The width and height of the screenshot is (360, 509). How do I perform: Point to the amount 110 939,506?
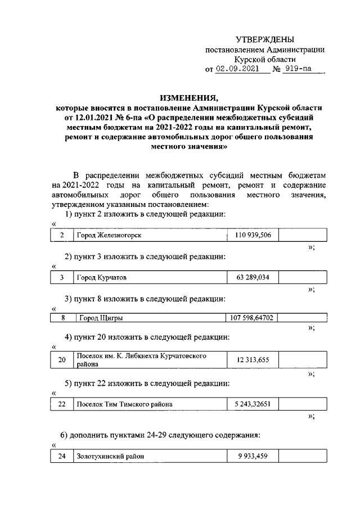pyautogui.click(x=253, y=235)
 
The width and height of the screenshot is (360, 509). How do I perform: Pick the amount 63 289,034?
pyautogui.click(x=253, y=277)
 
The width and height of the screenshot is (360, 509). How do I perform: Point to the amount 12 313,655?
pyautogui.click(x=253, y=360)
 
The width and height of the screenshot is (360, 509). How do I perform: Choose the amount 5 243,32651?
pyautogui.click(x=253, y=404)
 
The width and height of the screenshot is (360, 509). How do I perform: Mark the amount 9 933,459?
pyautogui.click(x=253, y=457)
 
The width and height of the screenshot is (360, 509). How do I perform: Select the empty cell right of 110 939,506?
pyautogui.click(x=302, y=235)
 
